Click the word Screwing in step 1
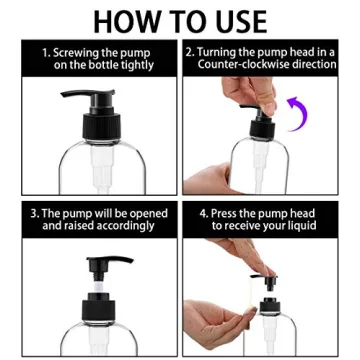coord(85,51)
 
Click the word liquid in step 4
coord(297,226)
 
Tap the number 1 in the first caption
coord(45,51)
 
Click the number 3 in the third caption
coord(34,213)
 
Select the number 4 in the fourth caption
coord(203,213)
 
